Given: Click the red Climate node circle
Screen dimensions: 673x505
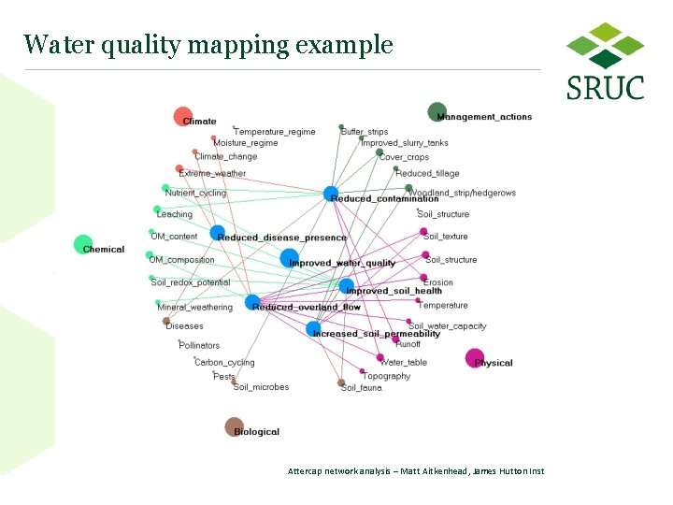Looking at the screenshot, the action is (182, 117).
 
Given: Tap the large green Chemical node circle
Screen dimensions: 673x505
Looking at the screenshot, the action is (83, 245).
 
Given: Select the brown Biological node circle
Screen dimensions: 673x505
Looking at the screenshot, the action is (234, 426).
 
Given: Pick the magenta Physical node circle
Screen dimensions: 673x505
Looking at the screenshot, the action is (475, 358).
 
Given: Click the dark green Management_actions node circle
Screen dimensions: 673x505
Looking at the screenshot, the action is (437, 112).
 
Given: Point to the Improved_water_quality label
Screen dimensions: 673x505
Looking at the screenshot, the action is (342, 263).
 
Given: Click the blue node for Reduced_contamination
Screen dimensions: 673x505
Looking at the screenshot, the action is (331, 195).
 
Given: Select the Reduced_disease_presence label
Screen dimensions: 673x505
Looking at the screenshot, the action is (281, 238).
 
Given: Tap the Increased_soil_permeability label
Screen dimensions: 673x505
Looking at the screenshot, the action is (376, 334).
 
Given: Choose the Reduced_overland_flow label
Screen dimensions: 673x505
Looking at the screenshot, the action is (306, 308).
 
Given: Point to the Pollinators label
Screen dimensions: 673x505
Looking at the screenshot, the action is (199, 345).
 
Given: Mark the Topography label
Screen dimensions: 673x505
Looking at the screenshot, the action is (386, 376).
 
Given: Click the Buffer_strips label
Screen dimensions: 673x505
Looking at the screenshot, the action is (365, 132).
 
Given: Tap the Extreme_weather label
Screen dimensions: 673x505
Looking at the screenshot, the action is (212, 173).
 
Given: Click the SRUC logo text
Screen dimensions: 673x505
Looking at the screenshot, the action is (605, 88).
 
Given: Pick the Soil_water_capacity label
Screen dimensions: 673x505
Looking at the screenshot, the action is (447, 326).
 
